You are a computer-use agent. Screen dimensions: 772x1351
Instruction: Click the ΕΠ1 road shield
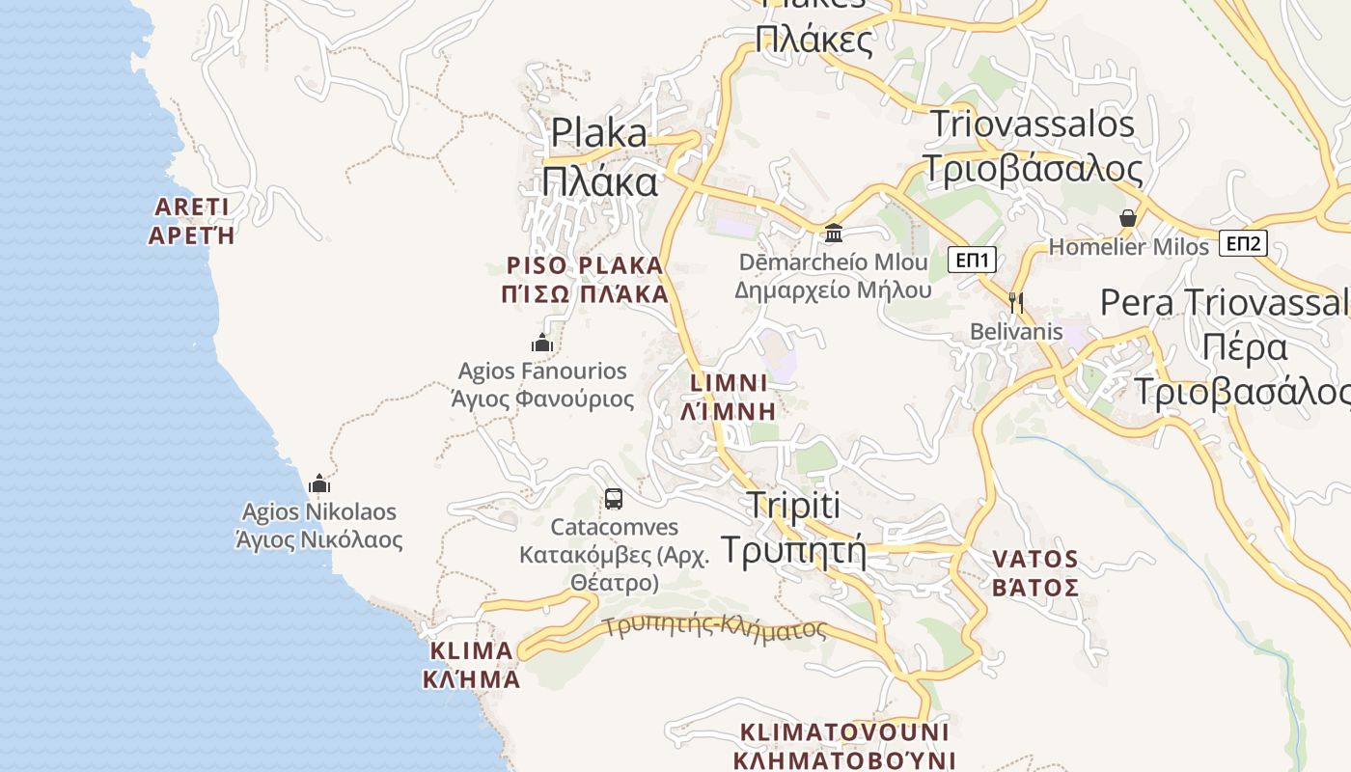click(x=972, y=260)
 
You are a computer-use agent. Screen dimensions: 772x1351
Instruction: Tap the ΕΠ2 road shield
click(x=1243, y=244)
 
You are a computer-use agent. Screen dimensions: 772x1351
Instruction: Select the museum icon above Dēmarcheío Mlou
click(x=834, y=233)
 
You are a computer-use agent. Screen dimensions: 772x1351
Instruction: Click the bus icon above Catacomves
click(x=614, y=499)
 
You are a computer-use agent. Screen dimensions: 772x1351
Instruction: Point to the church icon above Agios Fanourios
click(x=542, y=343)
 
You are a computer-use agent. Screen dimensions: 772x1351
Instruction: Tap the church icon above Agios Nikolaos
click(x=319, y=482)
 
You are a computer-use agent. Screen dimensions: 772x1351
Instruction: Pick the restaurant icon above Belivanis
click(x=1015, y=302)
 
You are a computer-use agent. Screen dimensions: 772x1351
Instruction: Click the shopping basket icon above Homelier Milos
click(x=1127, y=218)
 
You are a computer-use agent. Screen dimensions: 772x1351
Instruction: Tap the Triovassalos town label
click(x=1033, y=146)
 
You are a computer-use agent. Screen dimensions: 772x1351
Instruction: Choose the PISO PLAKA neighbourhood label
click(x=585, y=280)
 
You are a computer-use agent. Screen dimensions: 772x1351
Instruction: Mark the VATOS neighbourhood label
click(x=1035, y=573)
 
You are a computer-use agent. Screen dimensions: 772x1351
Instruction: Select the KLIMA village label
click(x=471, y=664)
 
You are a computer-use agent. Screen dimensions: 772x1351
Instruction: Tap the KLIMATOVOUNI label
click(x=844, y=746)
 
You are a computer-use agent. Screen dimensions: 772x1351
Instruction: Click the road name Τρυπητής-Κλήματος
click(x=716, y=628)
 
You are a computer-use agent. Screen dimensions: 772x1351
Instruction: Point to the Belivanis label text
click(x=1016, y=332)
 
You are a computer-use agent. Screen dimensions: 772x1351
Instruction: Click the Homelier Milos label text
click(x=1128, y=247)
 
